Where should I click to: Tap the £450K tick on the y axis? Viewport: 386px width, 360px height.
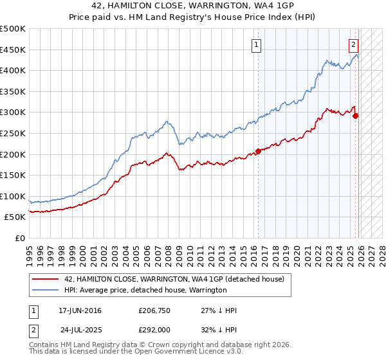tap(13, 50)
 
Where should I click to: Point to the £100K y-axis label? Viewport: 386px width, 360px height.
tap(13, 196)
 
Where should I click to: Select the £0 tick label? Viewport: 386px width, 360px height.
tap(20, 238)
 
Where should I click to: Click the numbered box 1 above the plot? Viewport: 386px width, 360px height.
tap(257, 45)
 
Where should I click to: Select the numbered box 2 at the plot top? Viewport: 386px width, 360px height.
tap(354, 45)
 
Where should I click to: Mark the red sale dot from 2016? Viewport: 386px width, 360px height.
tap(258, 151)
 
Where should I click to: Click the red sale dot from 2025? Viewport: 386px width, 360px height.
tap(355, 116)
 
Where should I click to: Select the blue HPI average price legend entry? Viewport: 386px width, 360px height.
tap(145, 290)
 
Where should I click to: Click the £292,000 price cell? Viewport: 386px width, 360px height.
tap(154, 329)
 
